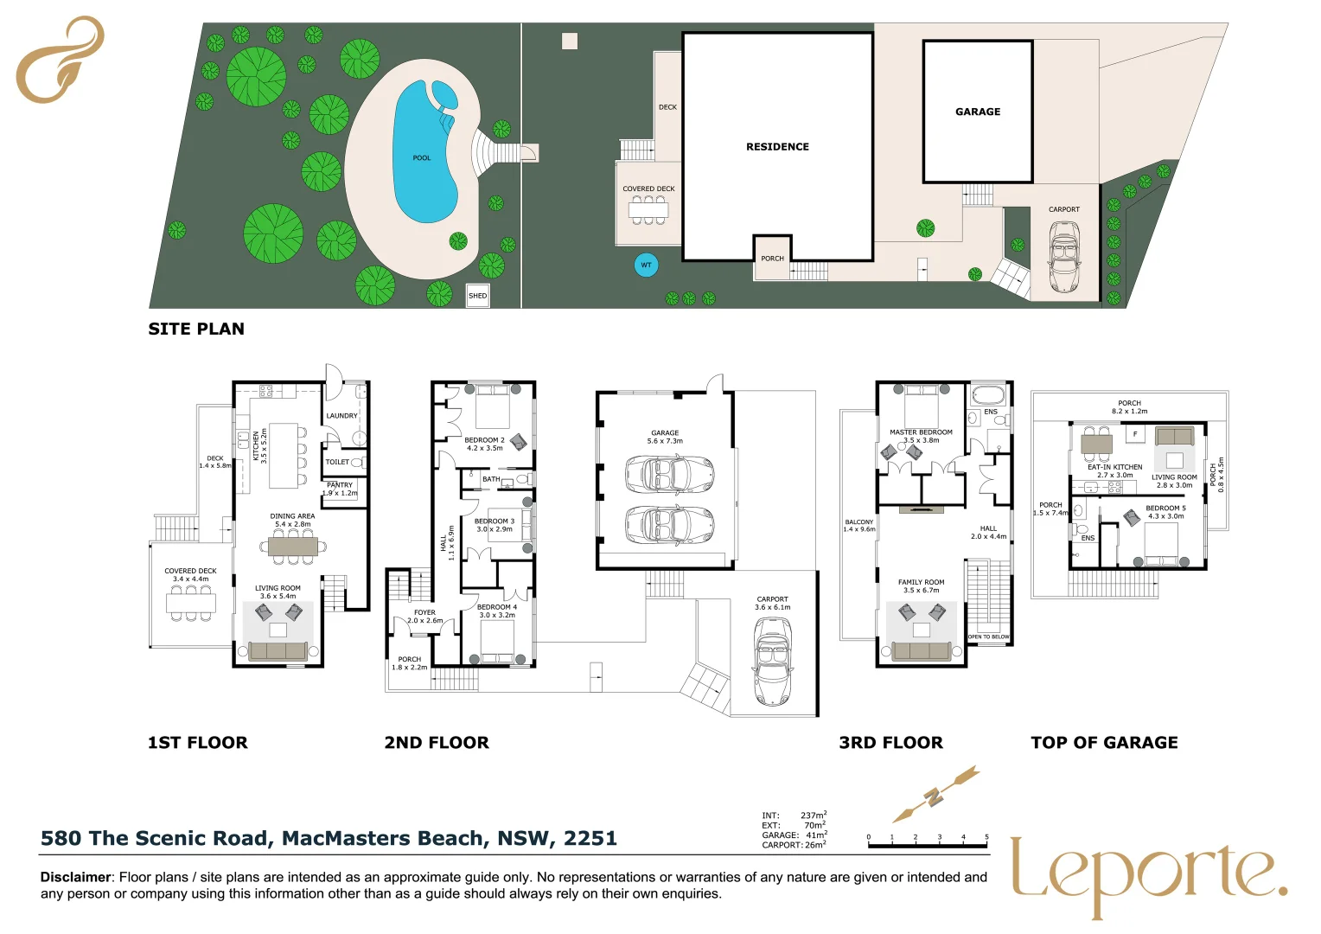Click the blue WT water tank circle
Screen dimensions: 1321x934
[x=647, y=265]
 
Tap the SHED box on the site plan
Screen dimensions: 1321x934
[x=478, y=296]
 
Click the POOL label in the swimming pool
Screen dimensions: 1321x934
[x=422, y=158]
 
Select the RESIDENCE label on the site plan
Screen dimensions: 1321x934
[x=777, y=147]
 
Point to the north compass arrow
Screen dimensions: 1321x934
[x=936, y=795]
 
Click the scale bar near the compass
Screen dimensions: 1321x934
[x=928, y=846]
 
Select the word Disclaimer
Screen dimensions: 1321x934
[x=75, y=878]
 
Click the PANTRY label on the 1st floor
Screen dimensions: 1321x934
[x=340, y=485]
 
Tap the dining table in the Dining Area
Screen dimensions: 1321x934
[x=292, y=547]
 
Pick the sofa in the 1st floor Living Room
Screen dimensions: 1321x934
[x=278, y=651]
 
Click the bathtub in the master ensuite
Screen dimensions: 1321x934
[x=988, y=394]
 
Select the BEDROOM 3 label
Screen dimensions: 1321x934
[x=495, y=521]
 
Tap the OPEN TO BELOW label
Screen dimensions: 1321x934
[x=988, y=637]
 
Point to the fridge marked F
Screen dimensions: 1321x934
[x=1134, y=434]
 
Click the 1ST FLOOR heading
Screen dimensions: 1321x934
[x=198, y=742]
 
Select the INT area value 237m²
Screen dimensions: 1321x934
[x=814, y=816]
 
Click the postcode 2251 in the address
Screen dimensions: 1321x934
[x=590, y=838]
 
